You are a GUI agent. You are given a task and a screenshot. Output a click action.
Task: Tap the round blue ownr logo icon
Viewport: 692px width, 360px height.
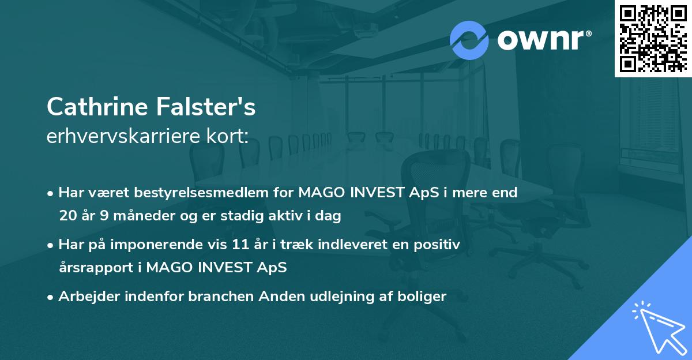(x=469, y=40)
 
